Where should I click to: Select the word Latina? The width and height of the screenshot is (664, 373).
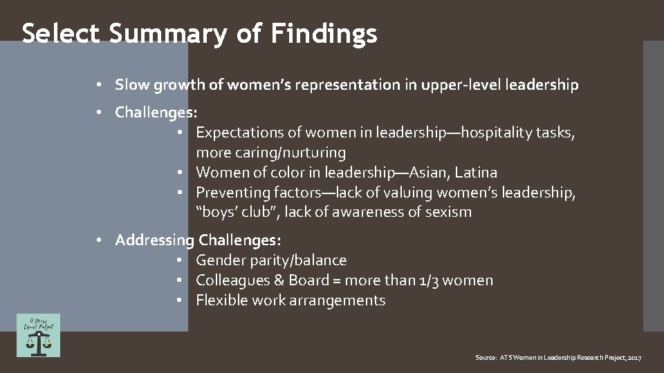[479, 172]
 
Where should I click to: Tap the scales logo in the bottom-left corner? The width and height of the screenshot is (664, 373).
[39, 335]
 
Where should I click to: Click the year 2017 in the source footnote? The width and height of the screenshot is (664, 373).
[634, 358]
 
